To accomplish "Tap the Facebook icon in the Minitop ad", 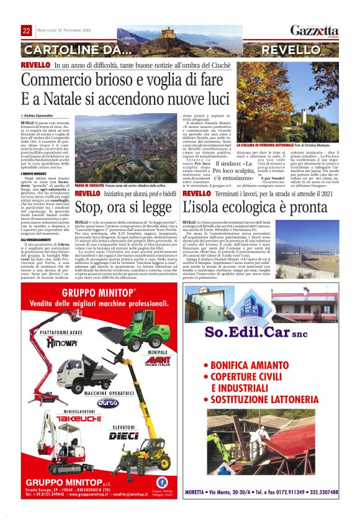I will tap(161, 481).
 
